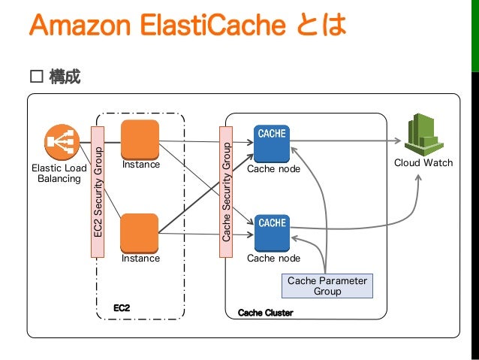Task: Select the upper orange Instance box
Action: [140, 138]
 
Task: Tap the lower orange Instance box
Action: [140, 232]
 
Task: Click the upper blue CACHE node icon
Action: [271, 143]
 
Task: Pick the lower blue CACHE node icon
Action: [271, 232]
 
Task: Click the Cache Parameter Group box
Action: [327, 286]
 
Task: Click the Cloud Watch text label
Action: [423, 162]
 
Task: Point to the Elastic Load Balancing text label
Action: [59, 173]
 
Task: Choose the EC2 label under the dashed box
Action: [122, 308]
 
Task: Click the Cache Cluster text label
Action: [265, 313]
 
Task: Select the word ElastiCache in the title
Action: [198, 25]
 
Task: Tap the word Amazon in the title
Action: [74, 25]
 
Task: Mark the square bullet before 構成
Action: [35, 77]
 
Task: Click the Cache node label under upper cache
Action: [273, 169]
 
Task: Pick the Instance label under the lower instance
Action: [140, 259]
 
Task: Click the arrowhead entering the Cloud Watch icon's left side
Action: [399, 140]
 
